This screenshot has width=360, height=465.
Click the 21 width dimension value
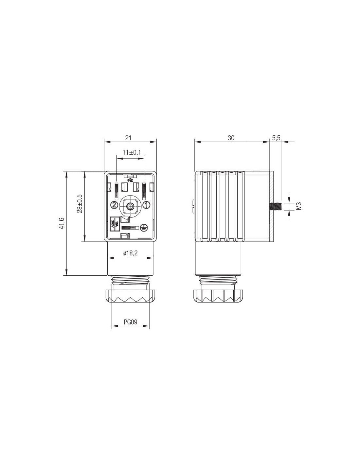click(x=128, y=138)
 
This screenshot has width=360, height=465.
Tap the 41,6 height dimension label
click(x=62, y=223)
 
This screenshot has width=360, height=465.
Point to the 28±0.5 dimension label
click(x=80, y=203)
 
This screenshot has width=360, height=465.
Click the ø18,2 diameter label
click(x=131, y=253)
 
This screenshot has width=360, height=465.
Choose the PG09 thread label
click(x=131, y=328)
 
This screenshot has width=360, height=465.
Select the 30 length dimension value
click(x=231, y=138)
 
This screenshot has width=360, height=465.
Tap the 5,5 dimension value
click(x=276, y=138)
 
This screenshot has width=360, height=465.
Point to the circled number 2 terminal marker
click(x=114, y=205)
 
